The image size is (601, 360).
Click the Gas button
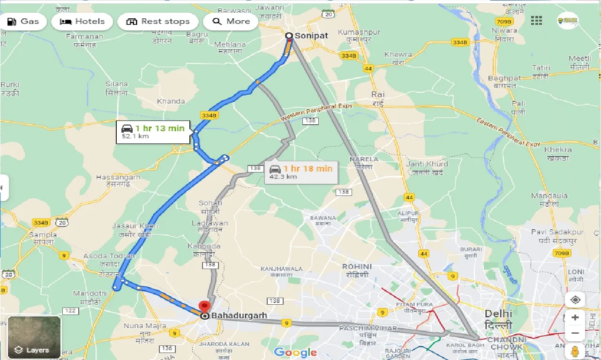click(x=23, y=22)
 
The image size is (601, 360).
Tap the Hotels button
click(x=82, y=22)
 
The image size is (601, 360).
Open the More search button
click(x=231, y=22)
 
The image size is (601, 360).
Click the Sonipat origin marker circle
click(x=289, y=36)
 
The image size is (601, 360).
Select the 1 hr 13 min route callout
click(x=153, y=132)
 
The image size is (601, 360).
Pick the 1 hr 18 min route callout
click(x=301, y=172)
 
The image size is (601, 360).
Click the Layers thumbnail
click(x=34, y=337)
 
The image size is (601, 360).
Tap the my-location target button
click(x=575, y=300)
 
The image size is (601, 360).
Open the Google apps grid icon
click(x=536, y=21)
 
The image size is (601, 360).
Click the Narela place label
click(x=364, y=163)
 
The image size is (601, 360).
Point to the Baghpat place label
click(x=504, y=82)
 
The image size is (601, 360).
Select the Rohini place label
click(x=357, y=270)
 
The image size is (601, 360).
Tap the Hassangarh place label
click(x=118, y=180)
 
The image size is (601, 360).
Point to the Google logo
click(x=295, y=352)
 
